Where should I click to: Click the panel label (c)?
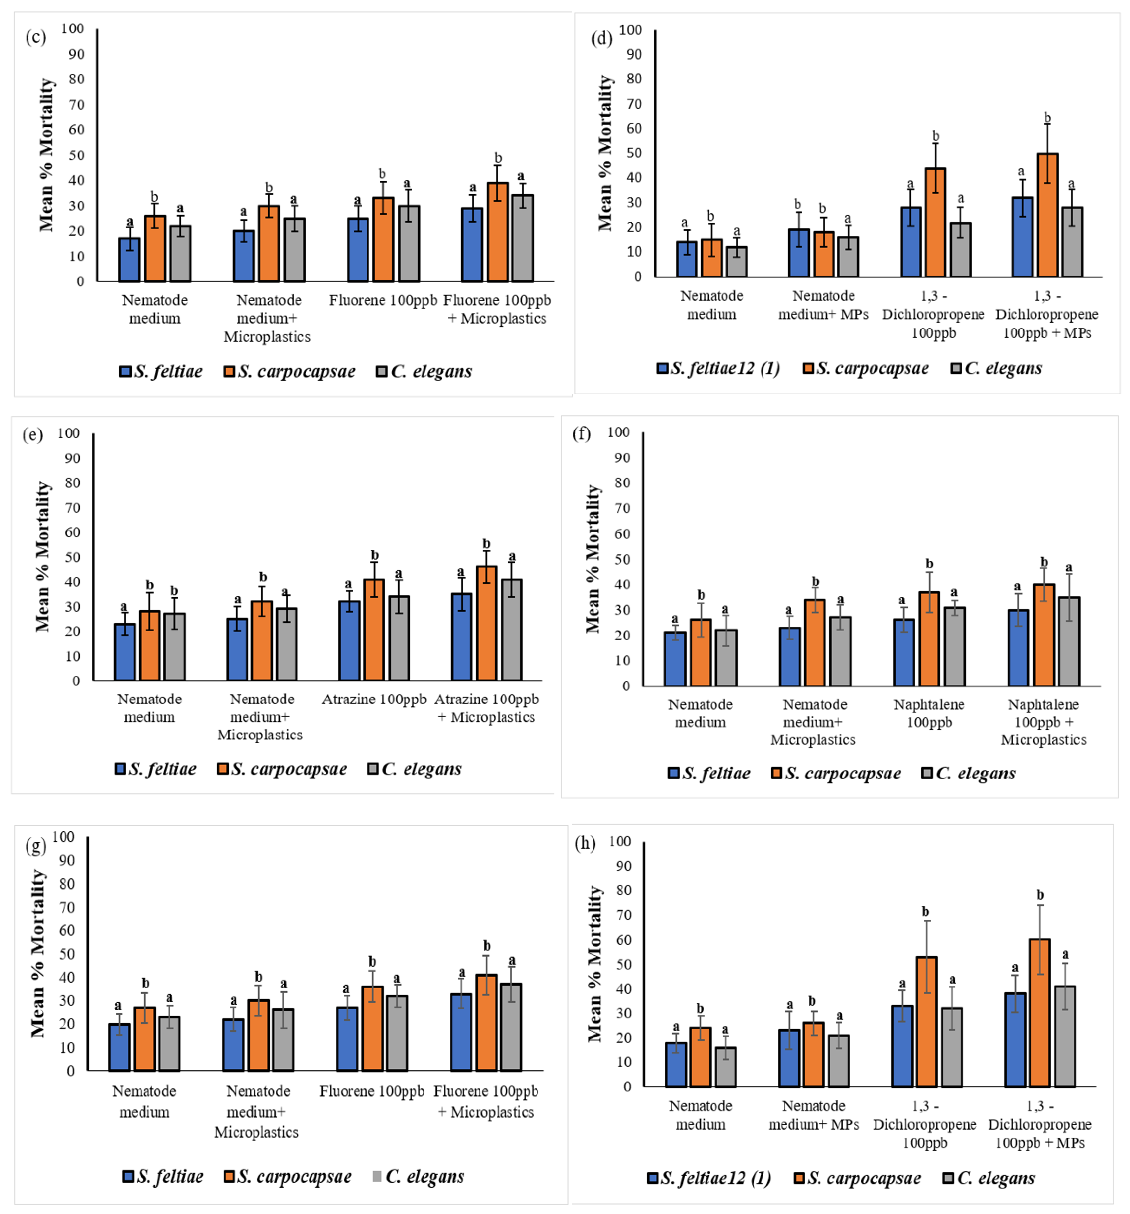point(35,37)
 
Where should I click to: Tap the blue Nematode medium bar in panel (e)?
point(125,652)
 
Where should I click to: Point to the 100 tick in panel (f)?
point(618,432)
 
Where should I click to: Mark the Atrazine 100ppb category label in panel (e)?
point(374,699)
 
